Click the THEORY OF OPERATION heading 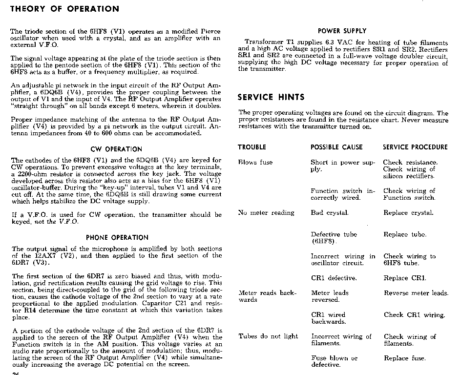coord(64,9)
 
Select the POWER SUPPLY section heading coord(342,31)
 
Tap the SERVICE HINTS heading coord(271,97)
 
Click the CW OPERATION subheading coord(116,149)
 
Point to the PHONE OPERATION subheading coord(117,238)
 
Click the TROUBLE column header coord(252,147)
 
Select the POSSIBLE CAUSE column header coord(336,147)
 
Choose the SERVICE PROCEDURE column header coord(415,147)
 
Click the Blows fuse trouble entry coord(255,162)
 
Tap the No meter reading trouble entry coord(266,212)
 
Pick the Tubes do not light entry coord(268,336)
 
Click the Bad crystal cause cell coord(330,212)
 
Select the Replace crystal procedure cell coord(409,212)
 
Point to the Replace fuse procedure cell coord(404,358)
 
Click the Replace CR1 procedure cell coord(405,278)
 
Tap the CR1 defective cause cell coord(334,278)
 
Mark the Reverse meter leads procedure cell coord(416,293)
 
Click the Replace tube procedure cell coord(405,234)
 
